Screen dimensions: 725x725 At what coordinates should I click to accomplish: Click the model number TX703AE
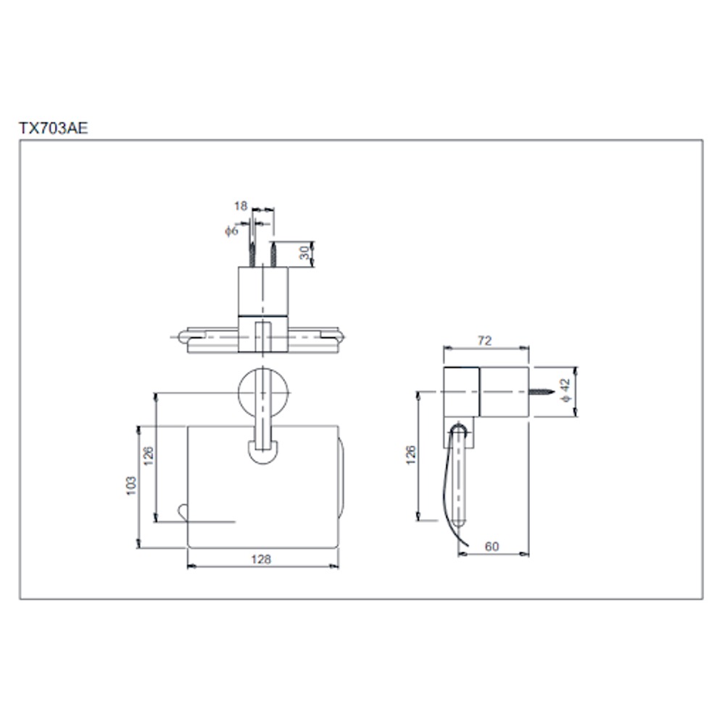53,128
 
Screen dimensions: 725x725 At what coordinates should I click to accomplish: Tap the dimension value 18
241,207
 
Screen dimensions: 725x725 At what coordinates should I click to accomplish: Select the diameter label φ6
231,231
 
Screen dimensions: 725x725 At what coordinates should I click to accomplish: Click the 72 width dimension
485,341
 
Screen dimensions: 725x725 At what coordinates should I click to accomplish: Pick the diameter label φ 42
567,392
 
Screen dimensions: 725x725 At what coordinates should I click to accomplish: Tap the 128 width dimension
261,559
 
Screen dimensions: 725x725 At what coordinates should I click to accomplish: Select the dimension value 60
492,547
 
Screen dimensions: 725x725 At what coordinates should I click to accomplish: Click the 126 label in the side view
410,455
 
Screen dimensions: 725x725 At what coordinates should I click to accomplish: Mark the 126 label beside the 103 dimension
148,456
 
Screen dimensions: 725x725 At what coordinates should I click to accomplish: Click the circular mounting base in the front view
263,392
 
